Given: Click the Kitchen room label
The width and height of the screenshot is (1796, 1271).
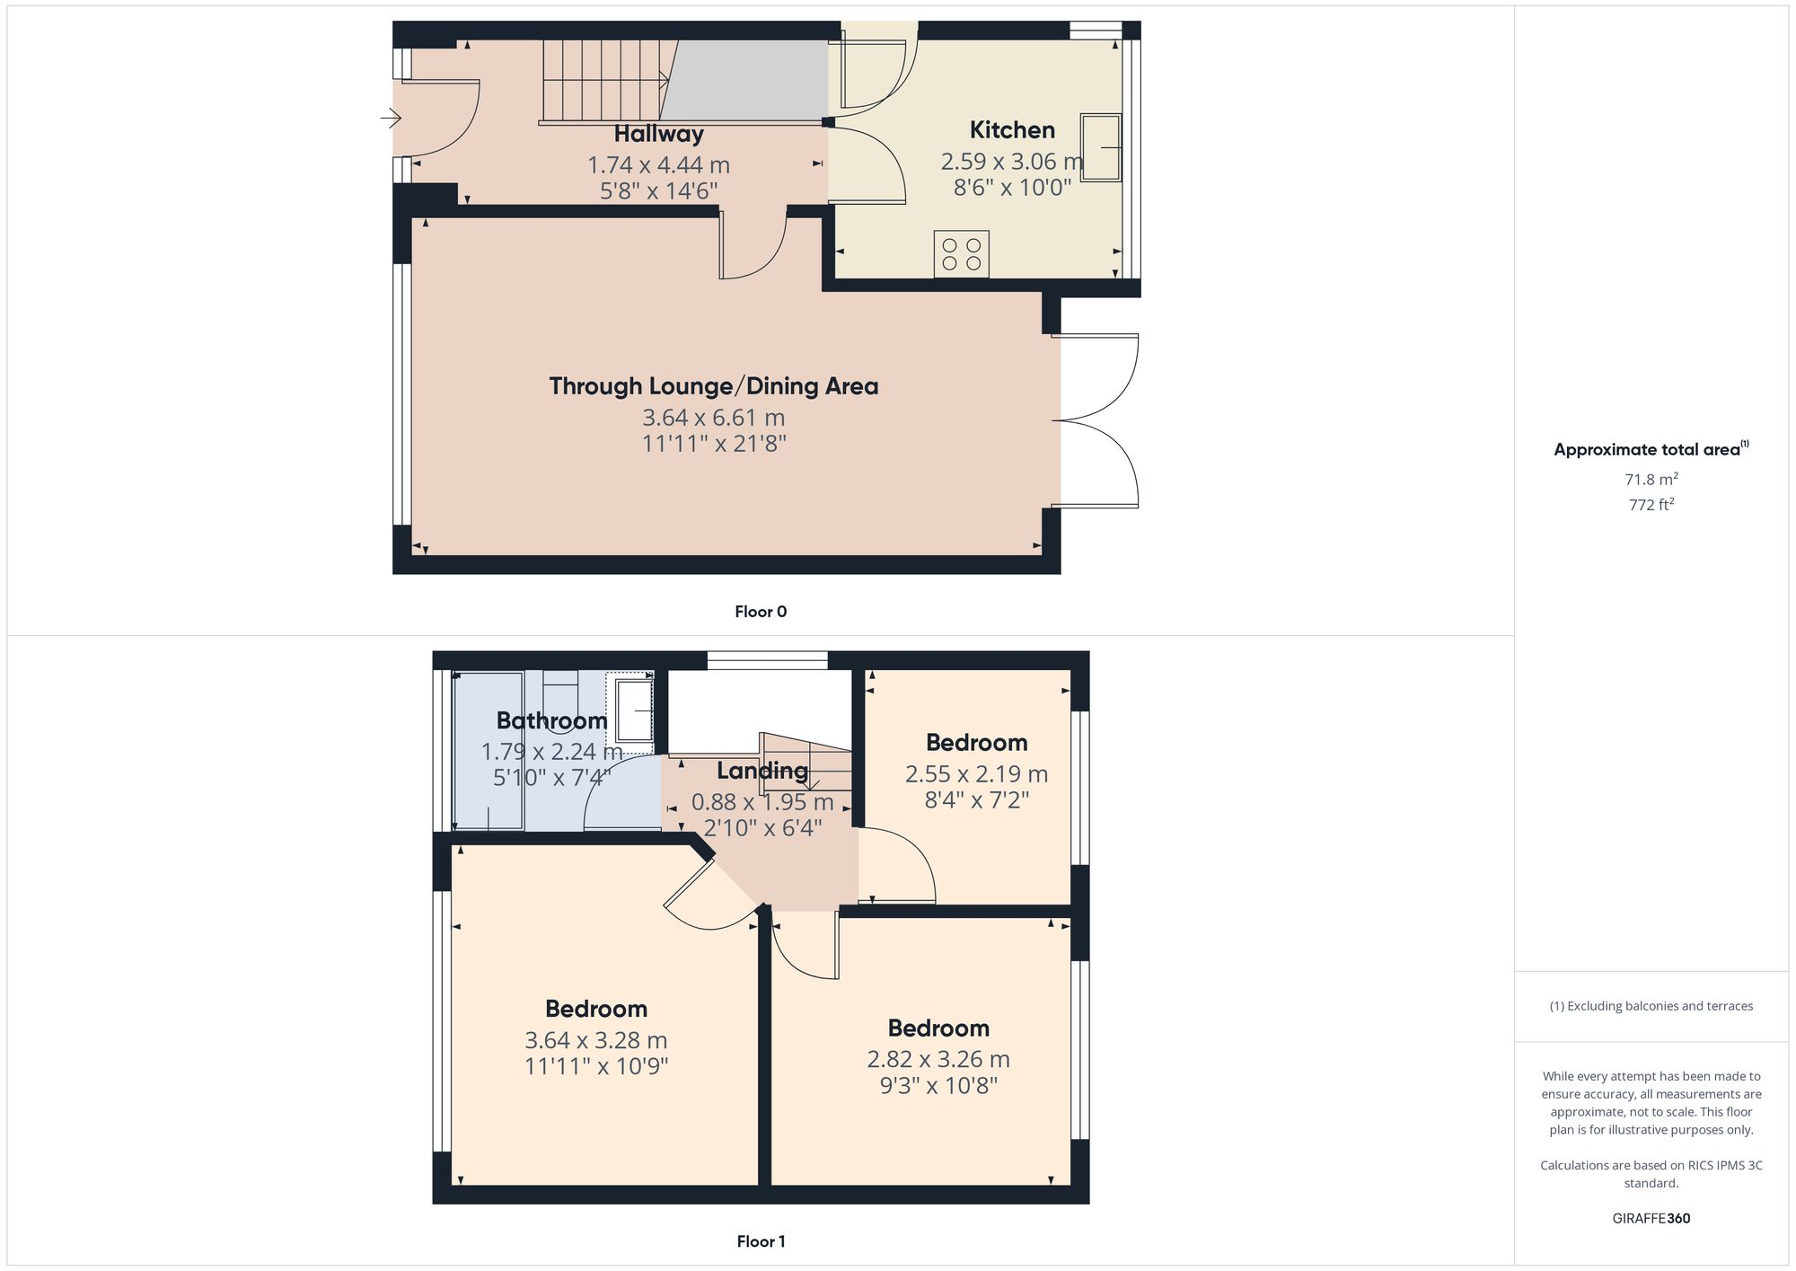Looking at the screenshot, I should tap(1012, 130).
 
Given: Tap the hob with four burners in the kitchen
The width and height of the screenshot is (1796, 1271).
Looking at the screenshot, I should tap(961, 254).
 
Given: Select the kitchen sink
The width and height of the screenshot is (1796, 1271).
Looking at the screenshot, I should tap(1100, 147).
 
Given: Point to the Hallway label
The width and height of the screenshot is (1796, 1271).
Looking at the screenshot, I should tap(658, 135).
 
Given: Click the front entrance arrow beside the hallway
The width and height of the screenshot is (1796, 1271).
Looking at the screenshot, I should tap(391, 118).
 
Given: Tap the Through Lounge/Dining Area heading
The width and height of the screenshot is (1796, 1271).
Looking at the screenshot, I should tap(713, 386).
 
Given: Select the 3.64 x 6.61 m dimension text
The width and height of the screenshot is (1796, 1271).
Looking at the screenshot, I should tap(713, 418).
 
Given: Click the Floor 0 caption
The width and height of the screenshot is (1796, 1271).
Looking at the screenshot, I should tap(761, 612).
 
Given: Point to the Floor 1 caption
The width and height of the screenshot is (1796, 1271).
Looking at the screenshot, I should tap(761, 1241).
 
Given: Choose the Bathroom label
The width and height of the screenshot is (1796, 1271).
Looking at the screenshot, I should tap(551, 720).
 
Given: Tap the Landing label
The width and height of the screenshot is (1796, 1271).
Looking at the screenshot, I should tap(762, 771).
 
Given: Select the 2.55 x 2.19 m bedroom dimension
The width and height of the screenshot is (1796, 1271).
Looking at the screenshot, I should tap(976, 773).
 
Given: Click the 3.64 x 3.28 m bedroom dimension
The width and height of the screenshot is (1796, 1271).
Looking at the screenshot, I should tap(595, 1040).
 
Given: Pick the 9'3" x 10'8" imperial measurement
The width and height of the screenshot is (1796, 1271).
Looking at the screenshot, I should tap(938, 1085).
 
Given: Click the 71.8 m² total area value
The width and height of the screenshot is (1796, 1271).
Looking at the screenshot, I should tap(1651, 479).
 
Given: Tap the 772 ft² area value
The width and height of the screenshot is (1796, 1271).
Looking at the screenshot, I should tap(1651, 505).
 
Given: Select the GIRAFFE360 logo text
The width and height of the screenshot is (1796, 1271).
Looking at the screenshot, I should tap(1651, 1218).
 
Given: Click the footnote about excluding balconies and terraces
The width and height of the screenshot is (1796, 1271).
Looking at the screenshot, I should tap(1651, 1006).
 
